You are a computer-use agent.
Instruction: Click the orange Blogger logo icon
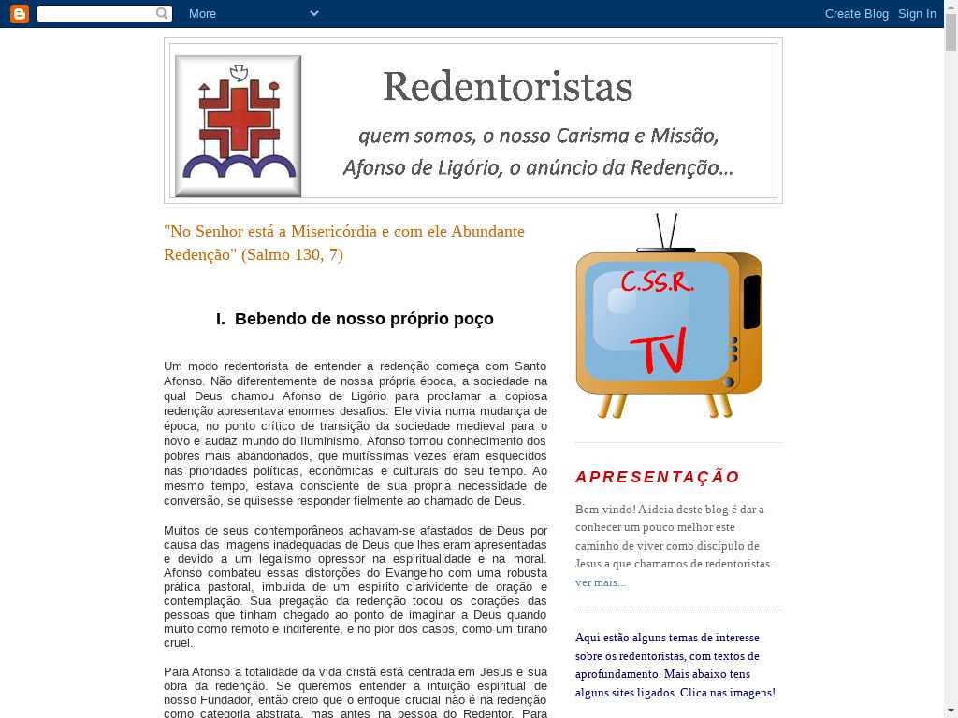pyautogui.click(x=19, y=13)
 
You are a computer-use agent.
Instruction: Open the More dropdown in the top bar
pyautogui.click(x=253, y=13)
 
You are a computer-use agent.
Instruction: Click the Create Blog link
pyautogui.click(x=856, y=13)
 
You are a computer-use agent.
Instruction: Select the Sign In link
pyautogui.click(x=917, y=13)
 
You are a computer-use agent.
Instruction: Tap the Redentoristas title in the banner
pyautogui.click(x=507, y=87)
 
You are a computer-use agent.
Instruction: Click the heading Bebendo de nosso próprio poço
pyautogui.click(x=364, y=319)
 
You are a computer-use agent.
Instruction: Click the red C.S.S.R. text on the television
pyautogui.click(x=657, y=282)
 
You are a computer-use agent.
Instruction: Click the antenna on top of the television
pyautogui.click(x=666, y=233)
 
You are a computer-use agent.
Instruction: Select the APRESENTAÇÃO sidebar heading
pyautogui.click(x=658, y=477)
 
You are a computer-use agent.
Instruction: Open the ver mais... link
pyautogui.click(x=600, y=582)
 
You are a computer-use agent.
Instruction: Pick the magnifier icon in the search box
pyautogui.click(x=163, y=13)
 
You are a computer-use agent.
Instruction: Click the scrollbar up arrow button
pyautogui.click(x=951, y=7)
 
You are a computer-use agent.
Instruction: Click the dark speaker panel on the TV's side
pyautogui.click(x=751, y=301)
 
